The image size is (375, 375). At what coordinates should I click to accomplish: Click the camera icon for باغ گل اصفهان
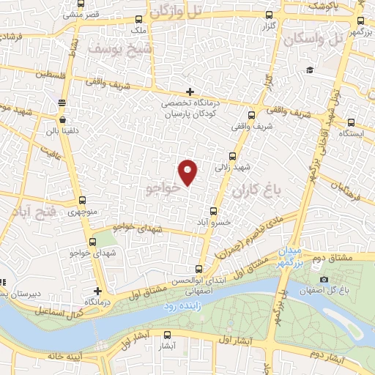(324, 279)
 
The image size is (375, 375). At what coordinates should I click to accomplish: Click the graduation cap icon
(311, 70)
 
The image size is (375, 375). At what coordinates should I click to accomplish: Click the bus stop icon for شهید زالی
(233, 155)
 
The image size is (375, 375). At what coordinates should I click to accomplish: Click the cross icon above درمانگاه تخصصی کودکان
(190, 92)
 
